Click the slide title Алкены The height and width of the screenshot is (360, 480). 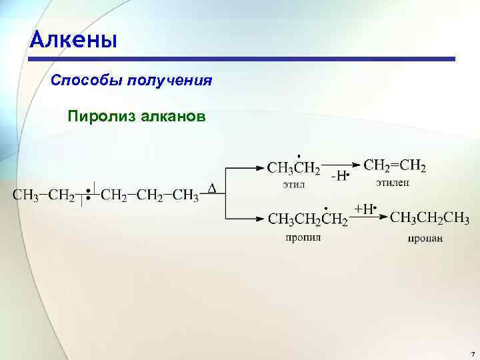73,41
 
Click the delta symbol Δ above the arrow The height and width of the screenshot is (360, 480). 212,189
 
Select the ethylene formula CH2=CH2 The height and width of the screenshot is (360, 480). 395,165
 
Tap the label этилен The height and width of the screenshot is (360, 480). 393,182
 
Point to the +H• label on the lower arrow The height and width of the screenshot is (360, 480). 365,209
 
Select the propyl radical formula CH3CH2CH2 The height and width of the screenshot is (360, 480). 307,219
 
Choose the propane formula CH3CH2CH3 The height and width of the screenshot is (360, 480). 429,219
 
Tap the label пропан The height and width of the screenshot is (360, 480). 425,237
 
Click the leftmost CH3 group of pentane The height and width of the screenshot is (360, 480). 25,195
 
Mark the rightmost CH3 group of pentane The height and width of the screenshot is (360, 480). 186,195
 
